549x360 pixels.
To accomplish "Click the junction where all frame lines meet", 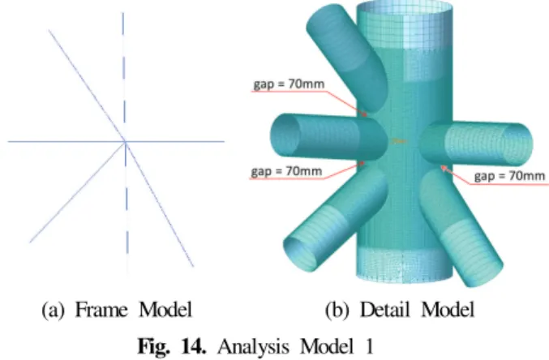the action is (x=126, y=142).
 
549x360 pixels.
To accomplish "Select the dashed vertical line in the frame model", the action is (x=125, y=140).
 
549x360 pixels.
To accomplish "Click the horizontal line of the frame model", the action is (x=116, y=142).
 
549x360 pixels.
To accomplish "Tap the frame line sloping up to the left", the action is (x=87, y=86).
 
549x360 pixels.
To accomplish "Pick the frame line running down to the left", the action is (x=77, y=192).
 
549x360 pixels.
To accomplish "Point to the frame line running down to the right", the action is (x=159, y=204).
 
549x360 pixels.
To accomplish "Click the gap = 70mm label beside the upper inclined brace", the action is (x=290, y=84).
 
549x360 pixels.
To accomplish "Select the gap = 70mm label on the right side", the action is (x=509, y=175).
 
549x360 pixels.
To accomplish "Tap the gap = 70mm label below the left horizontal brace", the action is (x=286, y=171).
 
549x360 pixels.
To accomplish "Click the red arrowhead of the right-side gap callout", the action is (x=444, y=169).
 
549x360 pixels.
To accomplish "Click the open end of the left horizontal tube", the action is (x=285, y=136).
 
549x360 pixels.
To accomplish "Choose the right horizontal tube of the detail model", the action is (x=476, y=144).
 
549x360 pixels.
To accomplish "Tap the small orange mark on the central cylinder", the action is (x=399, y=141).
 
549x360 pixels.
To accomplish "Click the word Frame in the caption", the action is (x=101, y=310).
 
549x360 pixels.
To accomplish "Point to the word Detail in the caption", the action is (x=385, y=310).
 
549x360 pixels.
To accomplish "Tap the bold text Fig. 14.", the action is (x=172, y=346).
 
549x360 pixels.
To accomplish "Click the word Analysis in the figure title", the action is (x=253, y=347).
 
